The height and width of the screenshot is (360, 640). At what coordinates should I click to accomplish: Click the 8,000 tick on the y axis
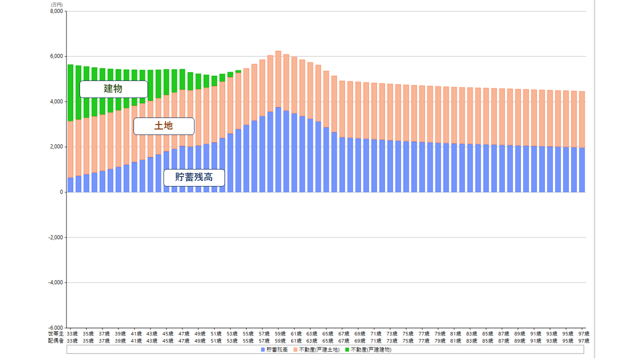57,11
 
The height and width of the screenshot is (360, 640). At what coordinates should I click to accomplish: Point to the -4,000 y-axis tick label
56,282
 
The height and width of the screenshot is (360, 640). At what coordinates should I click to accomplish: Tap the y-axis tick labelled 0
61,192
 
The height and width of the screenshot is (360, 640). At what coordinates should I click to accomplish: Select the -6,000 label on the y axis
56,327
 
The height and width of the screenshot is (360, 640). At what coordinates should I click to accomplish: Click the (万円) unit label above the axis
56,4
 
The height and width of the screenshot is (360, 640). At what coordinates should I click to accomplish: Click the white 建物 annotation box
113,89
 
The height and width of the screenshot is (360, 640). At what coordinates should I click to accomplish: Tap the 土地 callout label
163,126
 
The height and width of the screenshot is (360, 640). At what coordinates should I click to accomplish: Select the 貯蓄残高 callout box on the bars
194,177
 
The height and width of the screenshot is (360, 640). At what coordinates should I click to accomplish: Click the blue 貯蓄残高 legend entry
274,349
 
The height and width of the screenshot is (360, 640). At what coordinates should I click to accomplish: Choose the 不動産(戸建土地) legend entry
316,349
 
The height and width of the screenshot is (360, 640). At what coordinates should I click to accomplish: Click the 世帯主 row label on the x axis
55,333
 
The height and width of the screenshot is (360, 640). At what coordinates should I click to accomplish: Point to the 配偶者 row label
55,341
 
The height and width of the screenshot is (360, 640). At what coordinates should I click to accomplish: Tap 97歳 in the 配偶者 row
583,341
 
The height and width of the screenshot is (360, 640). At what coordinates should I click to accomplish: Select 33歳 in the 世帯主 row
71,333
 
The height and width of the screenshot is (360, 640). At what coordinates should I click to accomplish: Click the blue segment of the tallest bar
278,150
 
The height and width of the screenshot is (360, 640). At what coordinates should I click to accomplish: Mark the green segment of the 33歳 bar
70,92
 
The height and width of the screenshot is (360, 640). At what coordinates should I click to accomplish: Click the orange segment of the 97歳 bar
582,119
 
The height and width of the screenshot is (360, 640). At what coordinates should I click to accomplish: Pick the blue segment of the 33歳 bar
70,185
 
